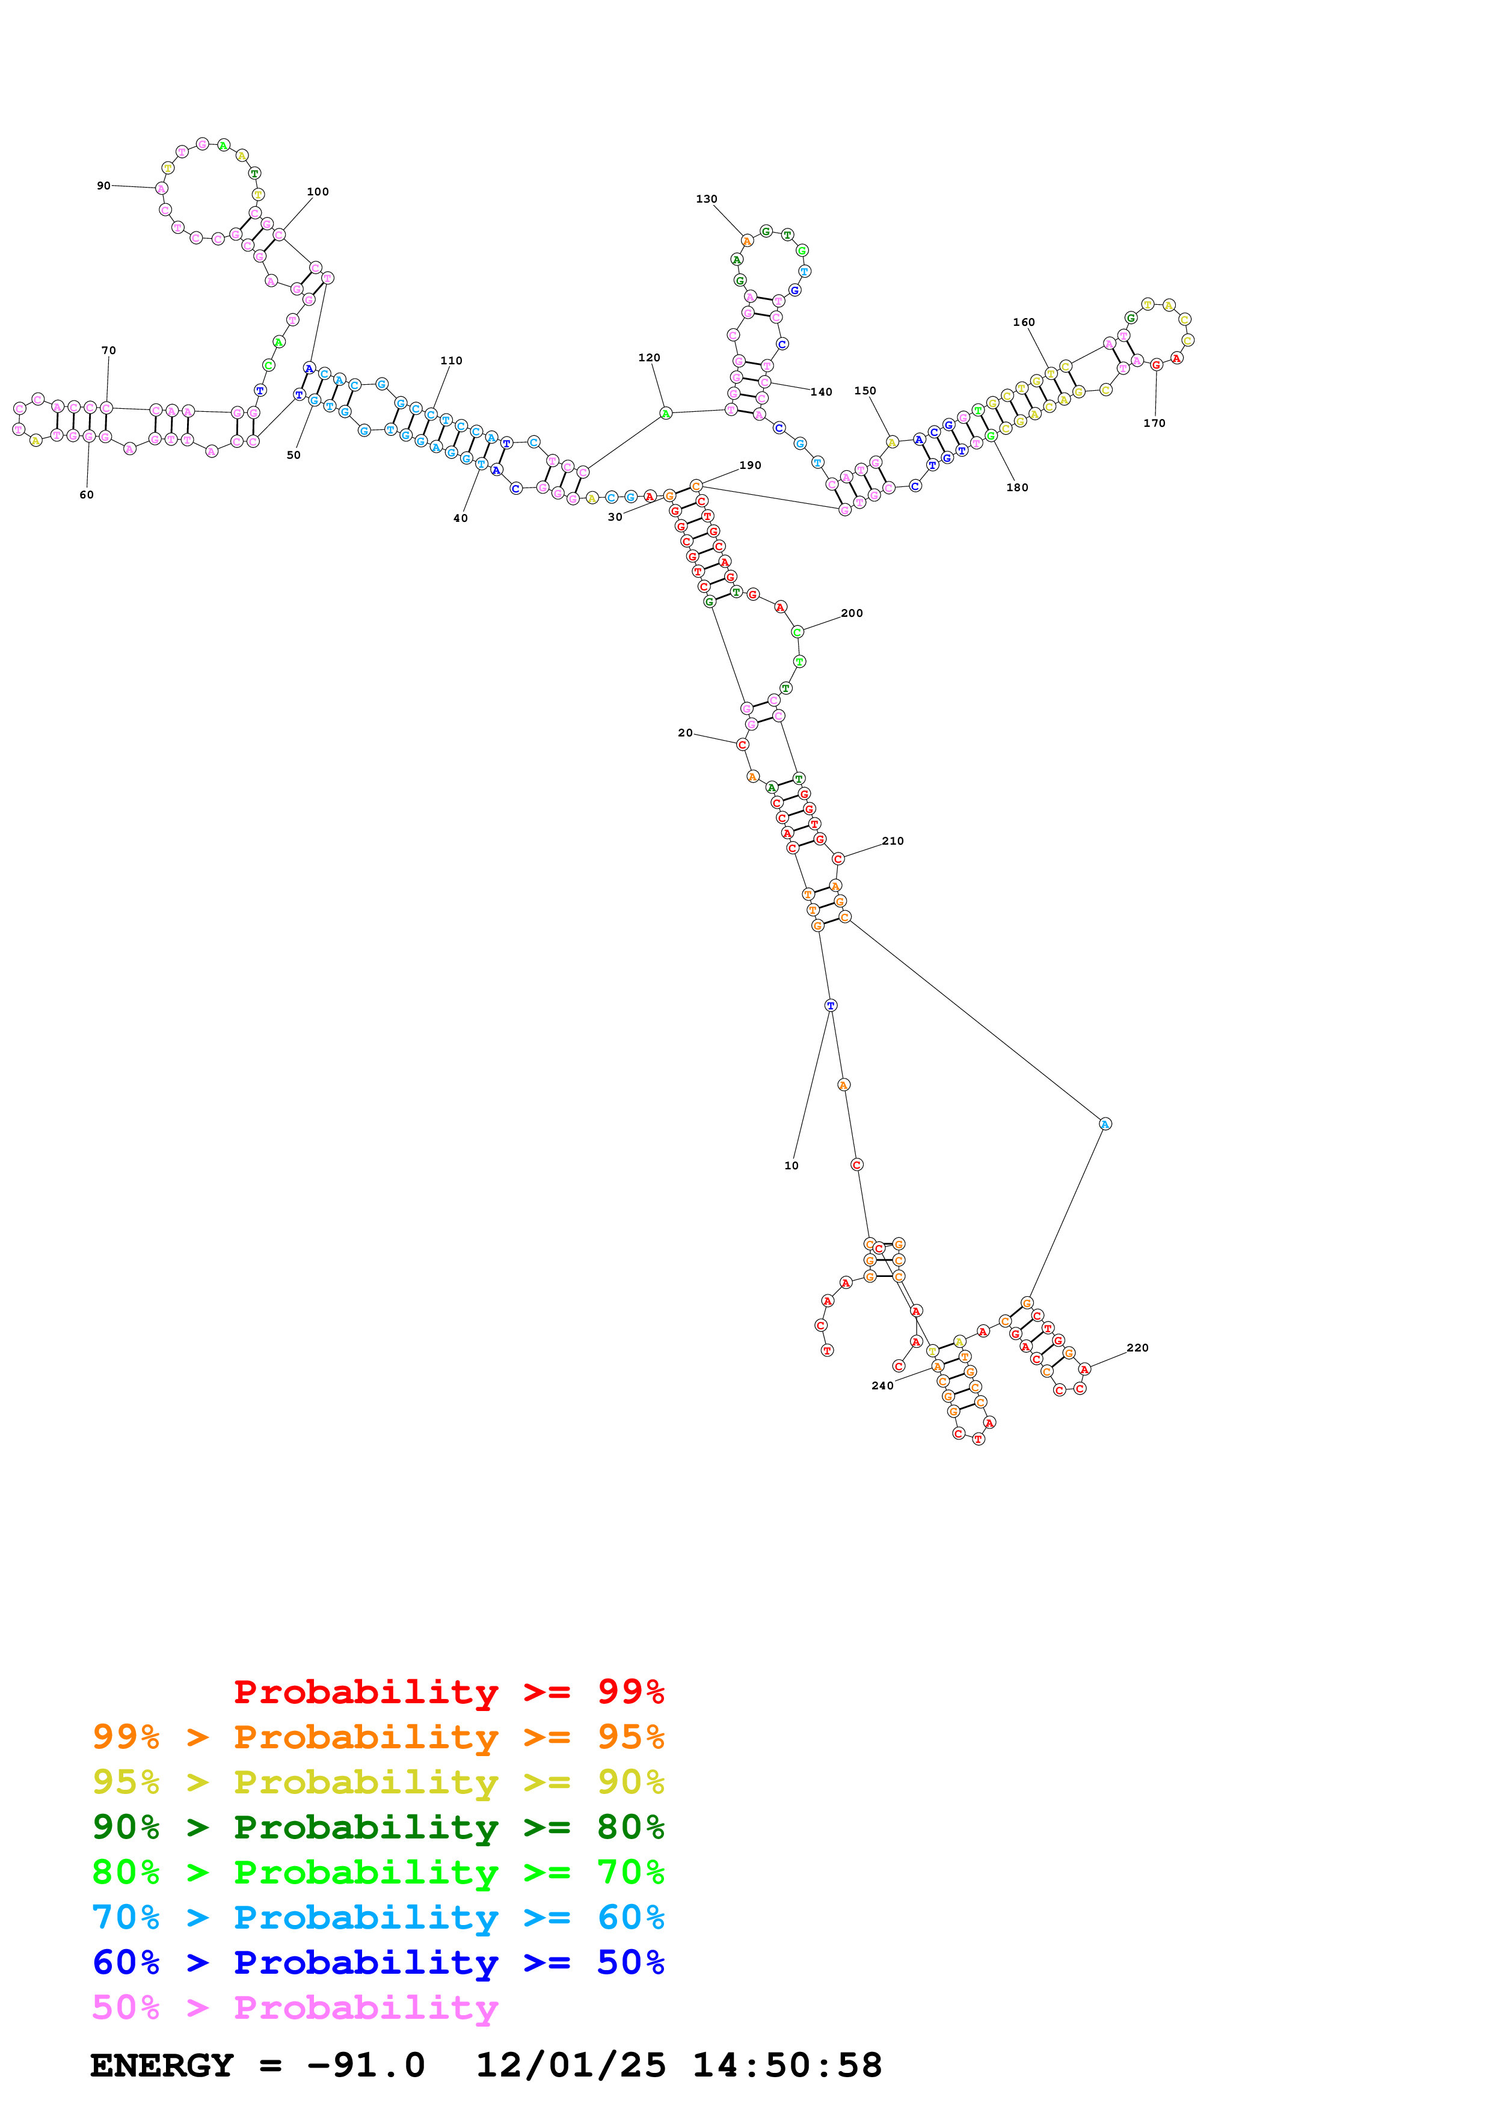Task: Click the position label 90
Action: (104, 186)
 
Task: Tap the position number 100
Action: (318, 192)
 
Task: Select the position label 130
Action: (707, 200)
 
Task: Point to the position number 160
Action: (1024, 322)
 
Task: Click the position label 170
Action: (1154, 423)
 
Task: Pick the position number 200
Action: (852, 614)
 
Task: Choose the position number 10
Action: (791, 1166)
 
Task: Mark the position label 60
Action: (87, 495)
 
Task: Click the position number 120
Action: (648, 358)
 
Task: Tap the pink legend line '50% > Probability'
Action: (294, 2008)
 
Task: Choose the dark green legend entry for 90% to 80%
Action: (378, 1827)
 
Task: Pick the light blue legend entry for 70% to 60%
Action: (378, 1918)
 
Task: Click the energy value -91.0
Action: (366, 2065)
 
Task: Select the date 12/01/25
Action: (571, 2065)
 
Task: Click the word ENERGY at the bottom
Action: (162, 2065)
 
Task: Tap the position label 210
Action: (892, 842)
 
